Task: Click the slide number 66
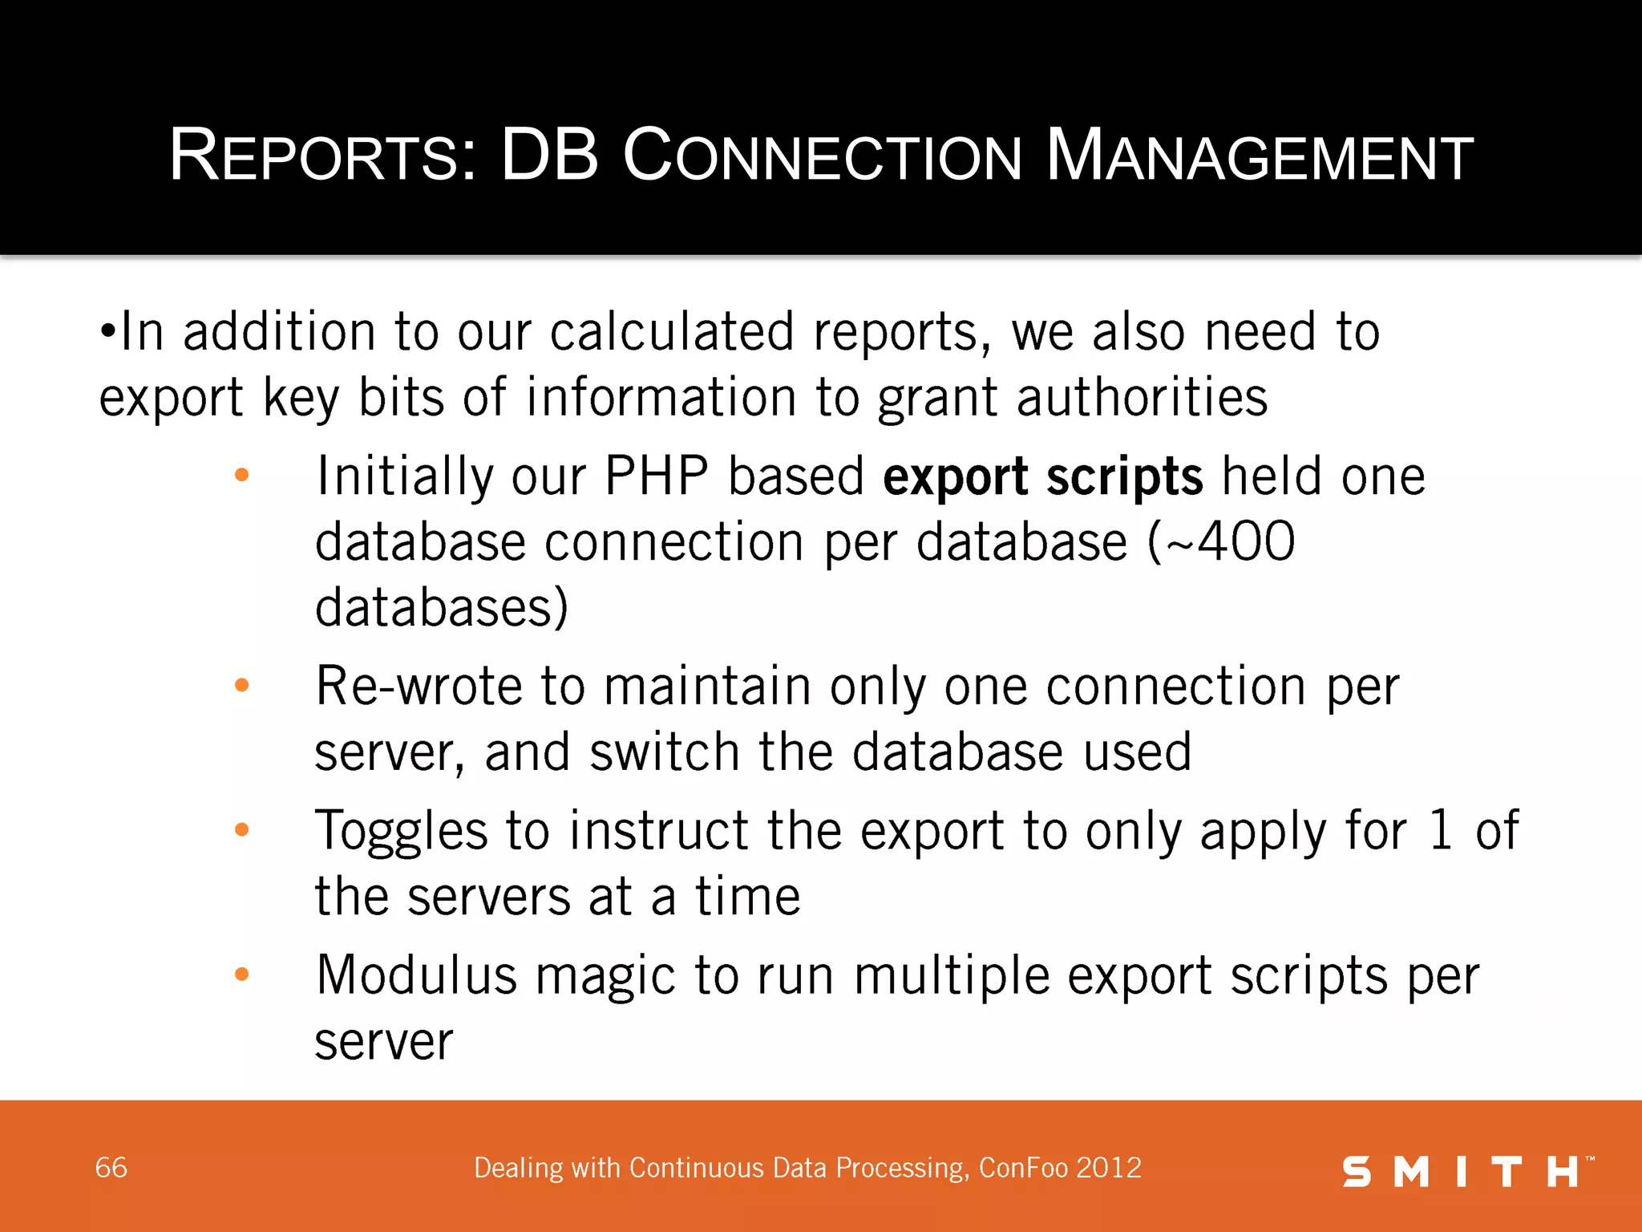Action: click(111, 1168)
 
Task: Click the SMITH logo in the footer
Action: click(1466, 1171)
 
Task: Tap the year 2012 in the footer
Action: click(1110, 1168)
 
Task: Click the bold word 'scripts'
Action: click(1124, 476)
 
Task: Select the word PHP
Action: click(656, 476)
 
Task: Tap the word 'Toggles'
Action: click(401, 831)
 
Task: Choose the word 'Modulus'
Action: click(416, 976)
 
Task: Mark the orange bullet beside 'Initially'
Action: click(241, 476)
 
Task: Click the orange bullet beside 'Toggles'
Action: click(241, 829)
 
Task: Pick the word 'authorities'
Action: click(1142, 397)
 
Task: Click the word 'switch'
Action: click(664, 752)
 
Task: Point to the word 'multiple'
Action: click(951, 976)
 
